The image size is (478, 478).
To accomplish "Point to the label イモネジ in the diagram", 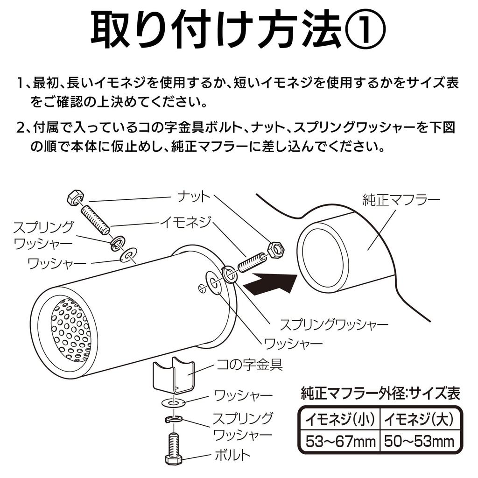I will tap(186, 221).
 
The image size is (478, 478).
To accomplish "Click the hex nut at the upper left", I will tap(75, 198).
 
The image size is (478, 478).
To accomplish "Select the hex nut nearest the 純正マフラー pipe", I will tap(276, 251).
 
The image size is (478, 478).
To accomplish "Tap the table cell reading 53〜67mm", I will tap(340, 440).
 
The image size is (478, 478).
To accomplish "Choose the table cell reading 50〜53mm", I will tap(418, 440).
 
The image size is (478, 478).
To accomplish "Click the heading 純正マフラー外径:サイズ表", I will tap(380, 393).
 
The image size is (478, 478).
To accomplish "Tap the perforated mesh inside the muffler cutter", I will tap(71, 330).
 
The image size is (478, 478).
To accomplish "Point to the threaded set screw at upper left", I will tap(96, 216).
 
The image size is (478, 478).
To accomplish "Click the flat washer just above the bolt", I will tap(173, 402).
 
